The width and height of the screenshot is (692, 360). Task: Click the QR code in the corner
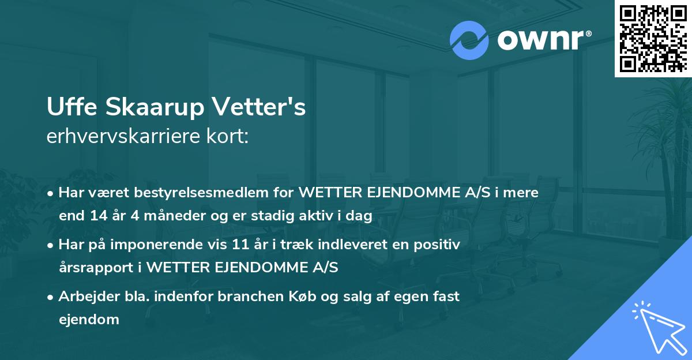pos(653,39)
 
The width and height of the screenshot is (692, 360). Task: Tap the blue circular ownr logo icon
pos(469,40)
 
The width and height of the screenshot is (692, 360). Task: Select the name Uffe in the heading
pos(69,108)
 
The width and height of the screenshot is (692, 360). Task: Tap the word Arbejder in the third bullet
pos(86,297)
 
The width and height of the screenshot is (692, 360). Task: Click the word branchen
pos(269,297)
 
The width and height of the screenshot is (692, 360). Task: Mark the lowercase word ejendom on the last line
pos(89,320)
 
